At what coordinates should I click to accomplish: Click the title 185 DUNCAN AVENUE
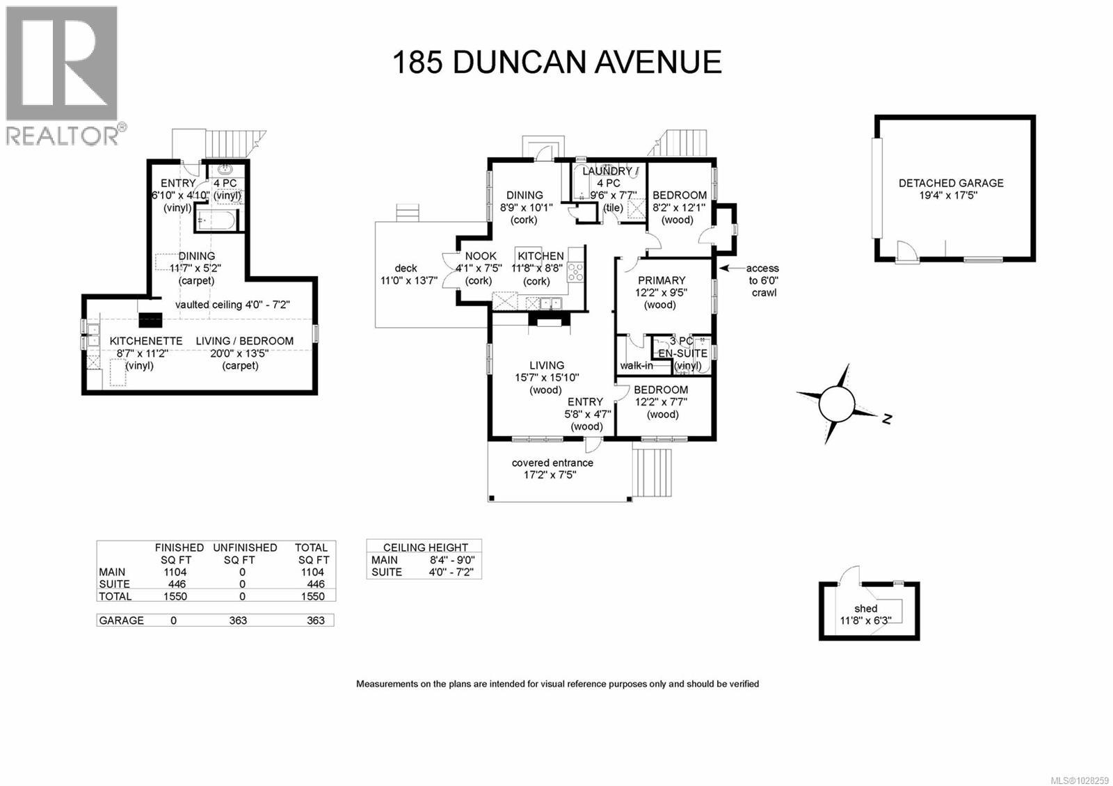556,62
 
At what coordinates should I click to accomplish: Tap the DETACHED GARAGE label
950,183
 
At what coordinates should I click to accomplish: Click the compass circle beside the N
835,404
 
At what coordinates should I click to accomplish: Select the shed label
866,608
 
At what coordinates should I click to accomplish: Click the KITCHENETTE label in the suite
146,341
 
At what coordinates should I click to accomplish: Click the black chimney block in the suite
150,320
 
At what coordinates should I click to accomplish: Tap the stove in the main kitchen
575,272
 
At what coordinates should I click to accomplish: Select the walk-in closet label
636,366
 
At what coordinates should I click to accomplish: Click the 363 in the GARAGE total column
315,620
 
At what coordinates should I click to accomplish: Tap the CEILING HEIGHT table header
425,547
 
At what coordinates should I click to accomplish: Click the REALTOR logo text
63,135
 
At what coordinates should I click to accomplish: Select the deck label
406,268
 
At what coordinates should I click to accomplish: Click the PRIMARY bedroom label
662,280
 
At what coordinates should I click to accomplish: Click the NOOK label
480,256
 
